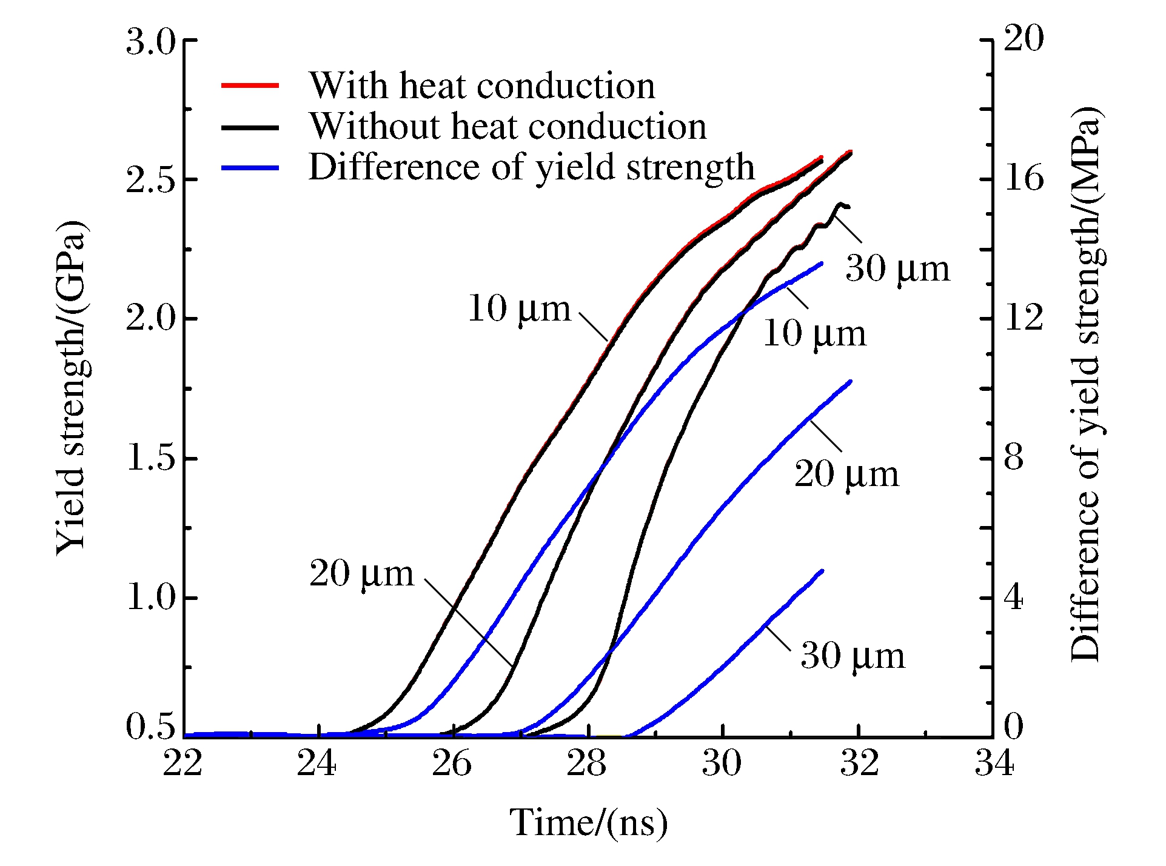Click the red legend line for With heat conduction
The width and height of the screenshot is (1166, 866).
[x=250, y=85]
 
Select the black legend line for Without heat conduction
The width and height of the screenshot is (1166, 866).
[x=250, y=127]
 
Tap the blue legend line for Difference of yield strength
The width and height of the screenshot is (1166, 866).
[x=250, y=167]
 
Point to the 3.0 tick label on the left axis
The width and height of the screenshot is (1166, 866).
[x=150, y=42]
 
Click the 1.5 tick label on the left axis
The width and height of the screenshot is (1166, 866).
[x=150, y=458]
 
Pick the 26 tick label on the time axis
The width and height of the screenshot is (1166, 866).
[x=452, y=764]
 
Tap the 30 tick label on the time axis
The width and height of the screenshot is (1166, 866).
[x=722, y=764]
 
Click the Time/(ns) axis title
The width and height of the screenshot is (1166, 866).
[x=588, y=823]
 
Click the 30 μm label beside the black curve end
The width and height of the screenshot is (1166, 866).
[x=897, y=268]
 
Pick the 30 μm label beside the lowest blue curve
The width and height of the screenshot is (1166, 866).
[x=853, y=656]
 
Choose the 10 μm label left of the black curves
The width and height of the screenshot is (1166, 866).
[x=520, y=309]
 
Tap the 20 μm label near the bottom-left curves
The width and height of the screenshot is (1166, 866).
[x=362, y=573]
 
